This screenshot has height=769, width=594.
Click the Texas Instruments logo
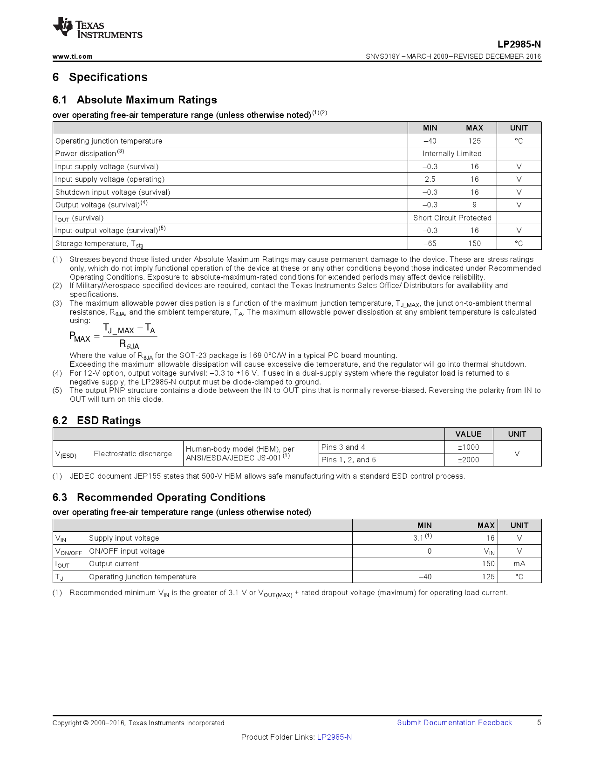click(x=97, y=29)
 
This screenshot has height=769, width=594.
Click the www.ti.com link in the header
click(x=72, y=56)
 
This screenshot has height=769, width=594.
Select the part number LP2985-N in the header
click(x=519, y=44)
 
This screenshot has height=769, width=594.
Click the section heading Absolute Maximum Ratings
click(x=146, y=100)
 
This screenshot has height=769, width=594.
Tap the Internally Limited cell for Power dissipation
click(x=452, y=154)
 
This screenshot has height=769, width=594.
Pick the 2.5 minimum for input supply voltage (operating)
click(x=430, y=179)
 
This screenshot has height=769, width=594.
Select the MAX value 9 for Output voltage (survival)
click(x=474, y=205)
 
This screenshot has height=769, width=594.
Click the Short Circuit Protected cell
click(x=452, y=218)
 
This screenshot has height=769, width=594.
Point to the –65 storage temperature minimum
click(x=430, y=244)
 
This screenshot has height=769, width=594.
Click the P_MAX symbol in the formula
click(x=80, y=337)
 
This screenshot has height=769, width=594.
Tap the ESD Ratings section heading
click(x=108, y=420)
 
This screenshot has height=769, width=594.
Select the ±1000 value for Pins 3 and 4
click(x=468, y=447)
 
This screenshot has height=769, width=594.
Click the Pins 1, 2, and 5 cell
click(x=348, y=460)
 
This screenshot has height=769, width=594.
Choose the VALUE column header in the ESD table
click(x=468, y=434)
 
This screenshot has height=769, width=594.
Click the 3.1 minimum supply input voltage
click(x=418, y=538)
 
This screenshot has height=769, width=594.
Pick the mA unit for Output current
click(x=519, y=564)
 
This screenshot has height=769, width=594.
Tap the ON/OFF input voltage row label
click(x=127, y=551)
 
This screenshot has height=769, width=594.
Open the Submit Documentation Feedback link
click(x=454, y=723)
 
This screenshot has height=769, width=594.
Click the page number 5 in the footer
click(x=539, y=723)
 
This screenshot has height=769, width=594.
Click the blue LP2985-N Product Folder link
click(x=335, y=737)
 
